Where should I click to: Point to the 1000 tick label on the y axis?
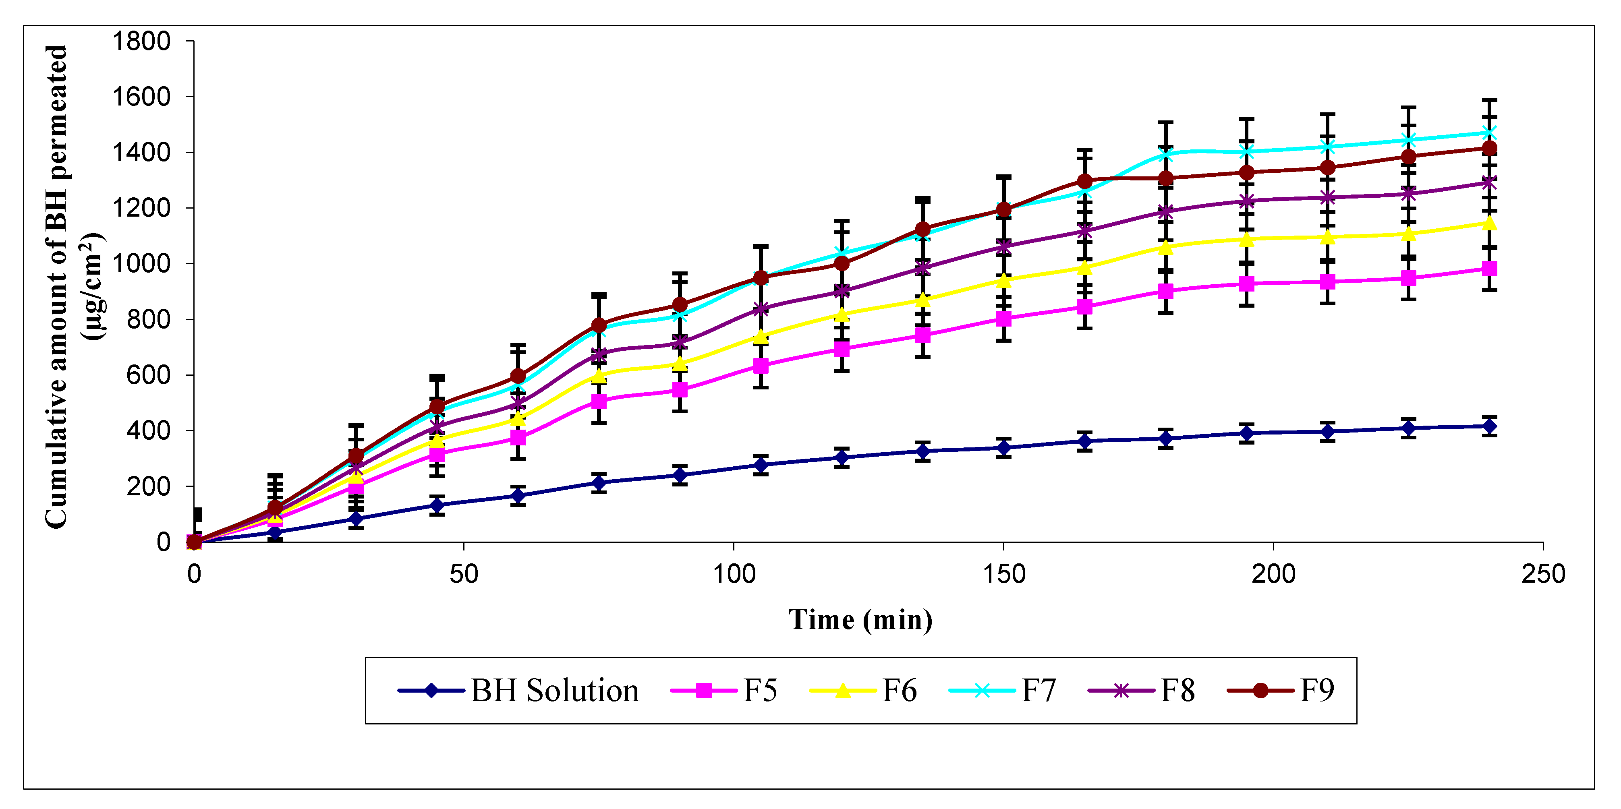pyautogui.click(x=141, y=264)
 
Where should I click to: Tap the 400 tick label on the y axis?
pyautogui.click(x=149, y=431)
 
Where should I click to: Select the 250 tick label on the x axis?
pyautogui.click(x=1543, y=574)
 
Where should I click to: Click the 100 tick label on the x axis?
pyautogui.click(x=733, y=574)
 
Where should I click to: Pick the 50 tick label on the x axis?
pyautogui.click(x=464, y=574)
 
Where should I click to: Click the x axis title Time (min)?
pyautogui.click(x=860, y=620)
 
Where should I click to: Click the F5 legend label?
pyautogui.click(x=760, y=690)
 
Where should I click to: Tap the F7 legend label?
pyautogui.click(x=1038, y=690)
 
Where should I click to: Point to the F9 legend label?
pyautogui.click(x=1316, y=690)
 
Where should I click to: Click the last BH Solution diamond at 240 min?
pyautogui.click(x=1489, y=426)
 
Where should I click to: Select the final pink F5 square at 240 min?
pyautogui.click(x=1489, y=269)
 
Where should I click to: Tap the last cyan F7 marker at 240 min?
pyautogui.click(x=1489, y=133)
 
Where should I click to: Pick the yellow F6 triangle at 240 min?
pyautogui.click(x=1489, y=223)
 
